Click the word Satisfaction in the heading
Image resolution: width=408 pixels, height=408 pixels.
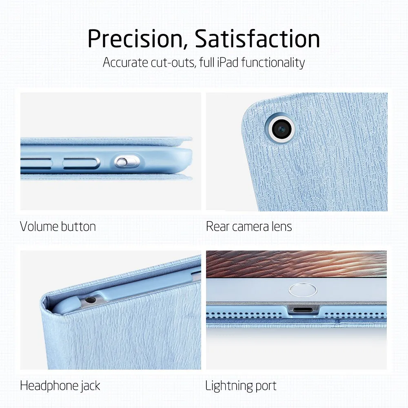(x=257, y=38)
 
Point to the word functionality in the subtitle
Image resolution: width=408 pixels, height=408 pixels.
(x=273, y=63)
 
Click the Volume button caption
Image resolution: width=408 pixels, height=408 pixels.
(x=58, y=226)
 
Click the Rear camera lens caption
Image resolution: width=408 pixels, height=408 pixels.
(x=249, y=226)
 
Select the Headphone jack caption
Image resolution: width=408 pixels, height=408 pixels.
(x=60, y=386)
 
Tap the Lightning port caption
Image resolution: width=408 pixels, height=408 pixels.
(x=241, y=386)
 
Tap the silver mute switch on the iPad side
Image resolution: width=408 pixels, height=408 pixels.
(x=122, y=162)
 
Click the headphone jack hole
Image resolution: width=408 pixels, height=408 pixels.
(x=90, y=300)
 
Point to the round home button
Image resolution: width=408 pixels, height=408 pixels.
(x=303, y=290)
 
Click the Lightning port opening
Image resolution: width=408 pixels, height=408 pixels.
(x=303, y=310)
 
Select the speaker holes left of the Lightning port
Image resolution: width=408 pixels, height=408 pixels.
(x=244, y=315)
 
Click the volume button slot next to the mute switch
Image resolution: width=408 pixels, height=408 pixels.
(x=81, y=163)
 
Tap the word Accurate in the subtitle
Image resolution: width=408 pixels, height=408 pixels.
(x=125, y=63)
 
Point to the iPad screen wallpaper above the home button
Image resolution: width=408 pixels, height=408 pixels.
(x=296, y=264)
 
